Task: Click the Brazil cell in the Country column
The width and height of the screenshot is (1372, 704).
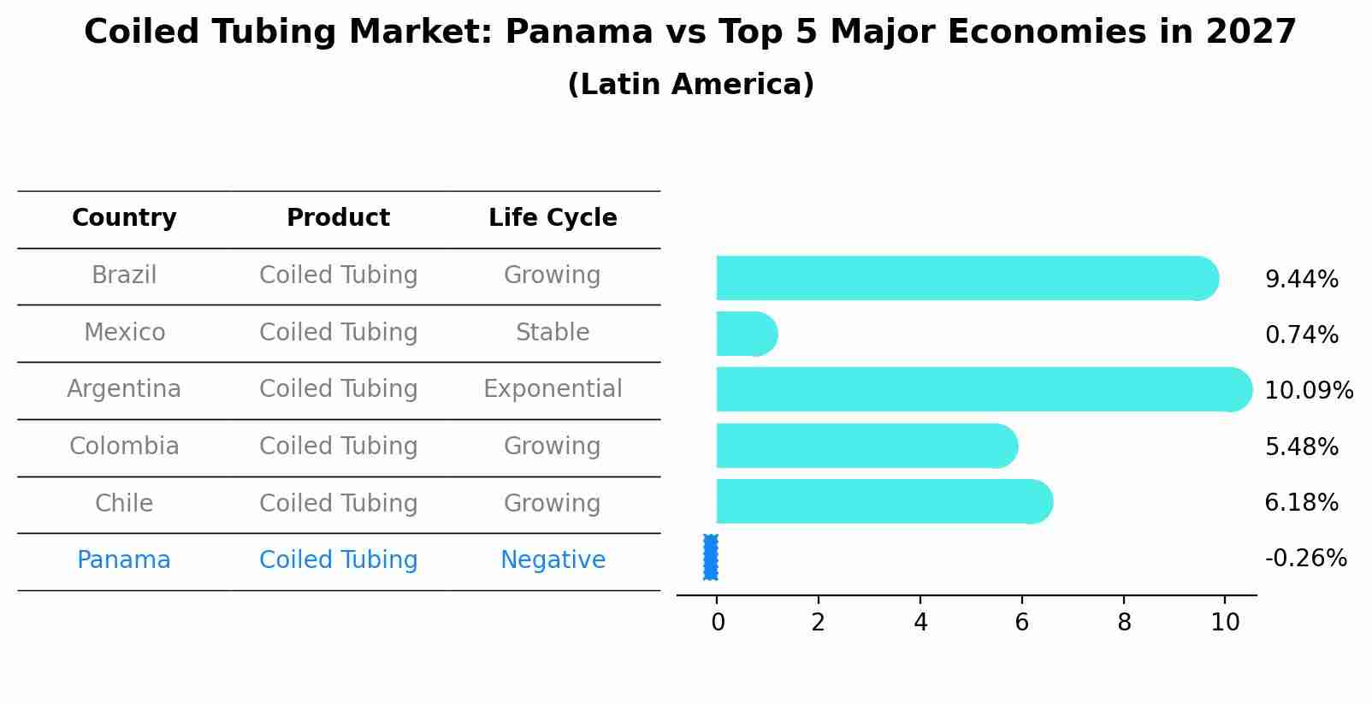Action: (124, 275)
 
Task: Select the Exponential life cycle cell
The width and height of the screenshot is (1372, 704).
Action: (553, 389)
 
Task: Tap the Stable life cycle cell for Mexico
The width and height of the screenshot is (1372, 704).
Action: (553, 333)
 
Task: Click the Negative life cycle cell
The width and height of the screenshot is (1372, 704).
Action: (553, 560)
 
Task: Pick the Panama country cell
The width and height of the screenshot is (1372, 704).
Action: (124, 560)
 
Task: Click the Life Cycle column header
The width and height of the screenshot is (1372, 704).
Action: (553, 218)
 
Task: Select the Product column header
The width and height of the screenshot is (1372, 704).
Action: (338, 218)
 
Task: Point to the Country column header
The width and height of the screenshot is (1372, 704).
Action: (124, 218)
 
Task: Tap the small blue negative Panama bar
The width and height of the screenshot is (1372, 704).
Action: (711, 557)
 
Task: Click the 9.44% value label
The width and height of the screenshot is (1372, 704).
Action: (1301, 280)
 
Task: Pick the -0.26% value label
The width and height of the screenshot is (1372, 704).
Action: (1305, 559)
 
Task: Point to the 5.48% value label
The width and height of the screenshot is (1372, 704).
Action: (1301, 447)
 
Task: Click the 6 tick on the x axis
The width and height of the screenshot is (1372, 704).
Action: (1021, 623)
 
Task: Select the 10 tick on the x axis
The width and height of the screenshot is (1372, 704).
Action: (1225, 623)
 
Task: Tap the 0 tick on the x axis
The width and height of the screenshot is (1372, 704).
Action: (718, 623)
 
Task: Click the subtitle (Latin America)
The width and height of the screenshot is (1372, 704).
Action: (690, 85)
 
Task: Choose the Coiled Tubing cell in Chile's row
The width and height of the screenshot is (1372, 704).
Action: (338, 504)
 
